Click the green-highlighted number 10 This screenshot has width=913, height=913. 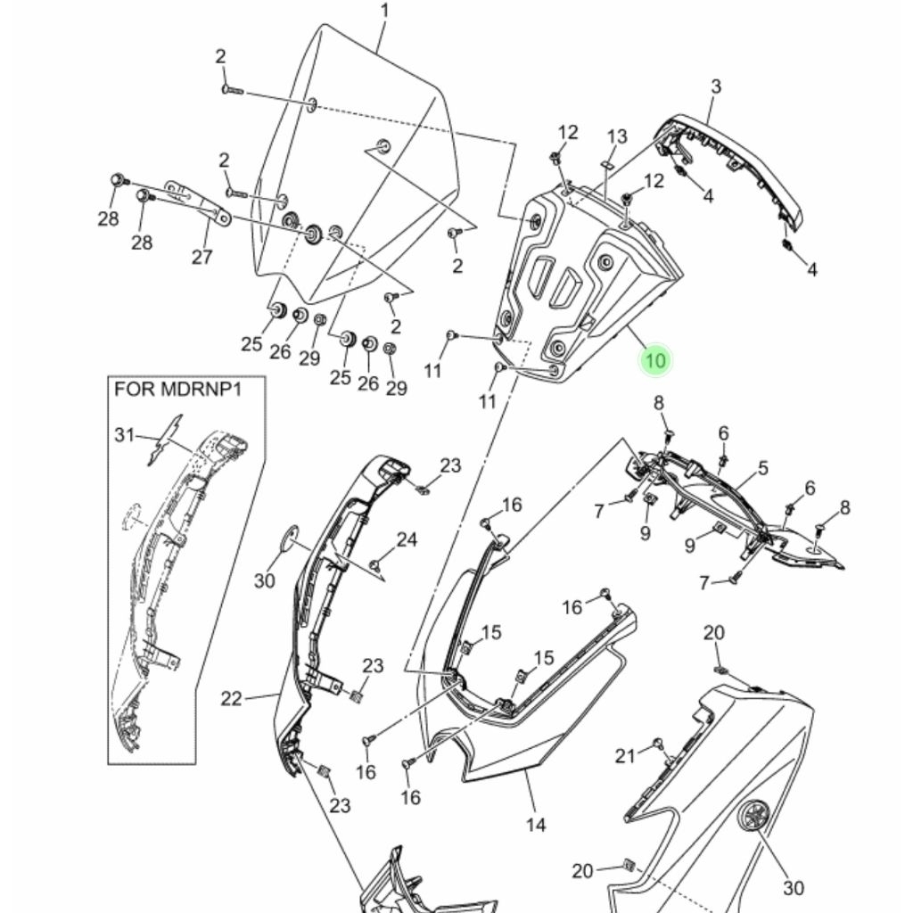[655, 360]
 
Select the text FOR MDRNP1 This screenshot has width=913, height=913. [190, 389]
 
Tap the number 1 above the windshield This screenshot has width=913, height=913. [384, 11]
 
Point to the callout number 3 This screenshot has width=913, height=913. [715, 86]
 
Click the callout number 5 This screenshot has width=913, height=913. [762, 467]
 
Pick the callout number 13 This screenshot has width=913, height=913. [617, 136]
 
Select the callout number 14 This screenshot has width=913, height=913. [535, 825]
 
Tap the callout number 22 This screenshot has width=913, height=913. [231, 698]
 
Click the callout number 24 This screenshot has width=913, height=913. [407, 539]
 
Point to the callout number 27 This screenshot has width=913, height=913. [202, 257]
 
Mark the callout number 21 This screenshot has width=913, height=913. [625, 756]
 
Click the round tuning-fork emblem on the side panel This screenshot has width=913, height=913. [755, 817]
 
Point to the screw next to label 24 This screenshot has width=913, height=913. [377, 563]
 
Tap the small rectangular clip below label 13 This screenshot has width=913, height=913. [606, 166]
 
